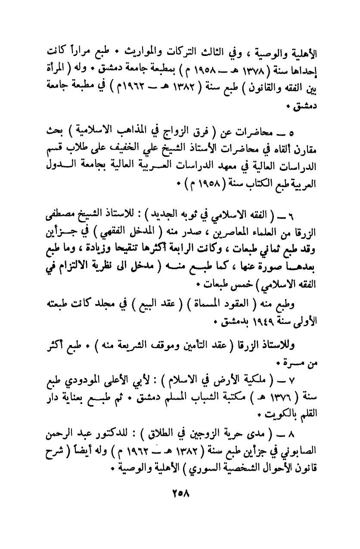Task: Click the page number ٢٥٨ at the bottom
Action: pos(180,502)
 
